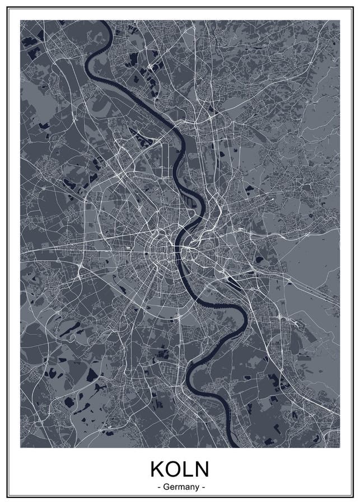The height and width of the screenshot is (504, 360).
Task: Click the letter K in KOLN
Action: [156, 469]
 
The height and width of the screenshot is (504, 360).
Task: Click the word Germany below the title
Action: [181, 487]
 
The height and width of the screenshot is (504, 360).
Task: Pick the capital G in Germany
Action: [166, 487]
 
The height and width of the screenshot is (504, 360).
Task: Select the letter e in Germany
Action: [171, 487]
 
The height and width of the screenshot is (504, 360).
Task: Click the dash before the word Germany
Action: [159, 487]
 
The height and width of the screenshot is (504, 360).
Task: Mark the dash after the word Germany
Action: [203, 487]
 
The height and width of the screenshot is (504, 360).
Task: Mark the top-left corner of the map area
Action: [21, 21]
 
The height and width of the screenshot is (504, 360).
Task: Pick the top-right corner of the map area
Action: [339, 21]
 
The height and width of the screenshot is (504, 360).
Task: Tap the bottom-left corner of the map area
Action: [21, 447]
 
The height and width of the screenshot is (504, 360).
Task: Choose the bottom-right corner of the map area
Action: [339, 447]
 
